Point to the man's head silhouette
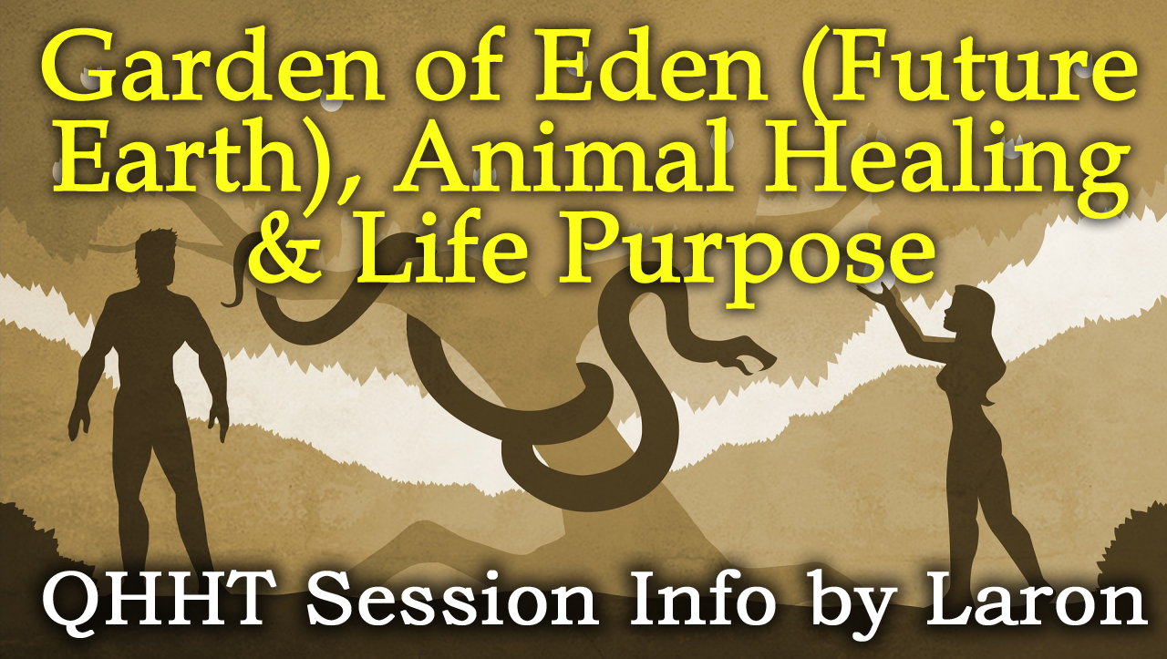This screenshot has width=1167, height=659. (x=155, y=256)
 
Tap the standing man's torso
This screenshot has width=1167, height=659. (x=155, y=344)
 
